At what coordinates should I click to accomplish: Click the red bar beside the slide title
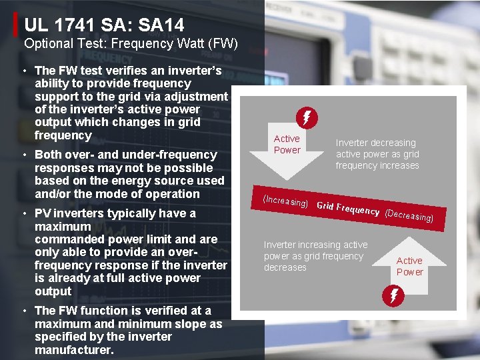[16, 25]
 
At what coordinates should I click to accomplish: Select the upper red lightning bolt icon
[307, 119]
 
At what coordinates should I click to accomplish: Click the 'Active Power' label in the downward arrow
[287, 144]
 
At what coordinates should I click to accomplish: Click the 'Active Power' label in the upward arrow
[409, 266]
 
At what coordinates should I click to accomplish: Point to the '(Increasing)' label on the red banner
[285, 201]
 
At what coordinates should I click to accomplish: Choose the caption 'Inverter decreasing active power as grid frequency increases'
[377, 154]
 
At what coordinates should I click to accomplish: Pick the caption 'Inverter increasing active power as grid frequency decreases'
[315, 256]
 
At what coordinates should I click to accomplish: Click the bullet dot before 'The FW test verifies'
[23, 71]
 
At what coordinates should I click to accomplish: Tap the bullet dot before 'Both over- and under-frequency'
[23, 155]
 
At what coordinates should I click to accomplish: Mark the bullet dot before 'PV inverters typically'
[23, 213]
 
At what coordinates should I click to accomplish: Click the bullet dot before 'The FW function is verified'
[23, 311]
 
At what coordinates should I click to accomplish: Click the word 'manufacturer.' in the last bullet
[74, 349]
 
